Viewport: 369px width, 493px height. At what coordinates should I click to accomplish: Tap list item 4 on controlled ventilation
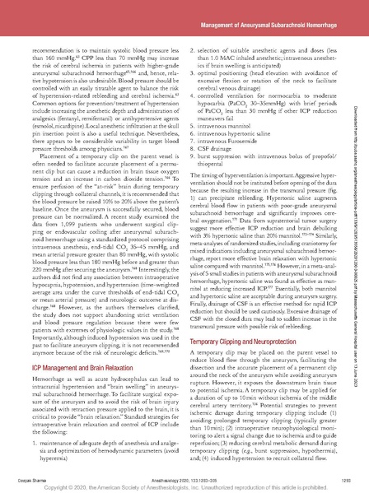[x=264, y=114]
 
